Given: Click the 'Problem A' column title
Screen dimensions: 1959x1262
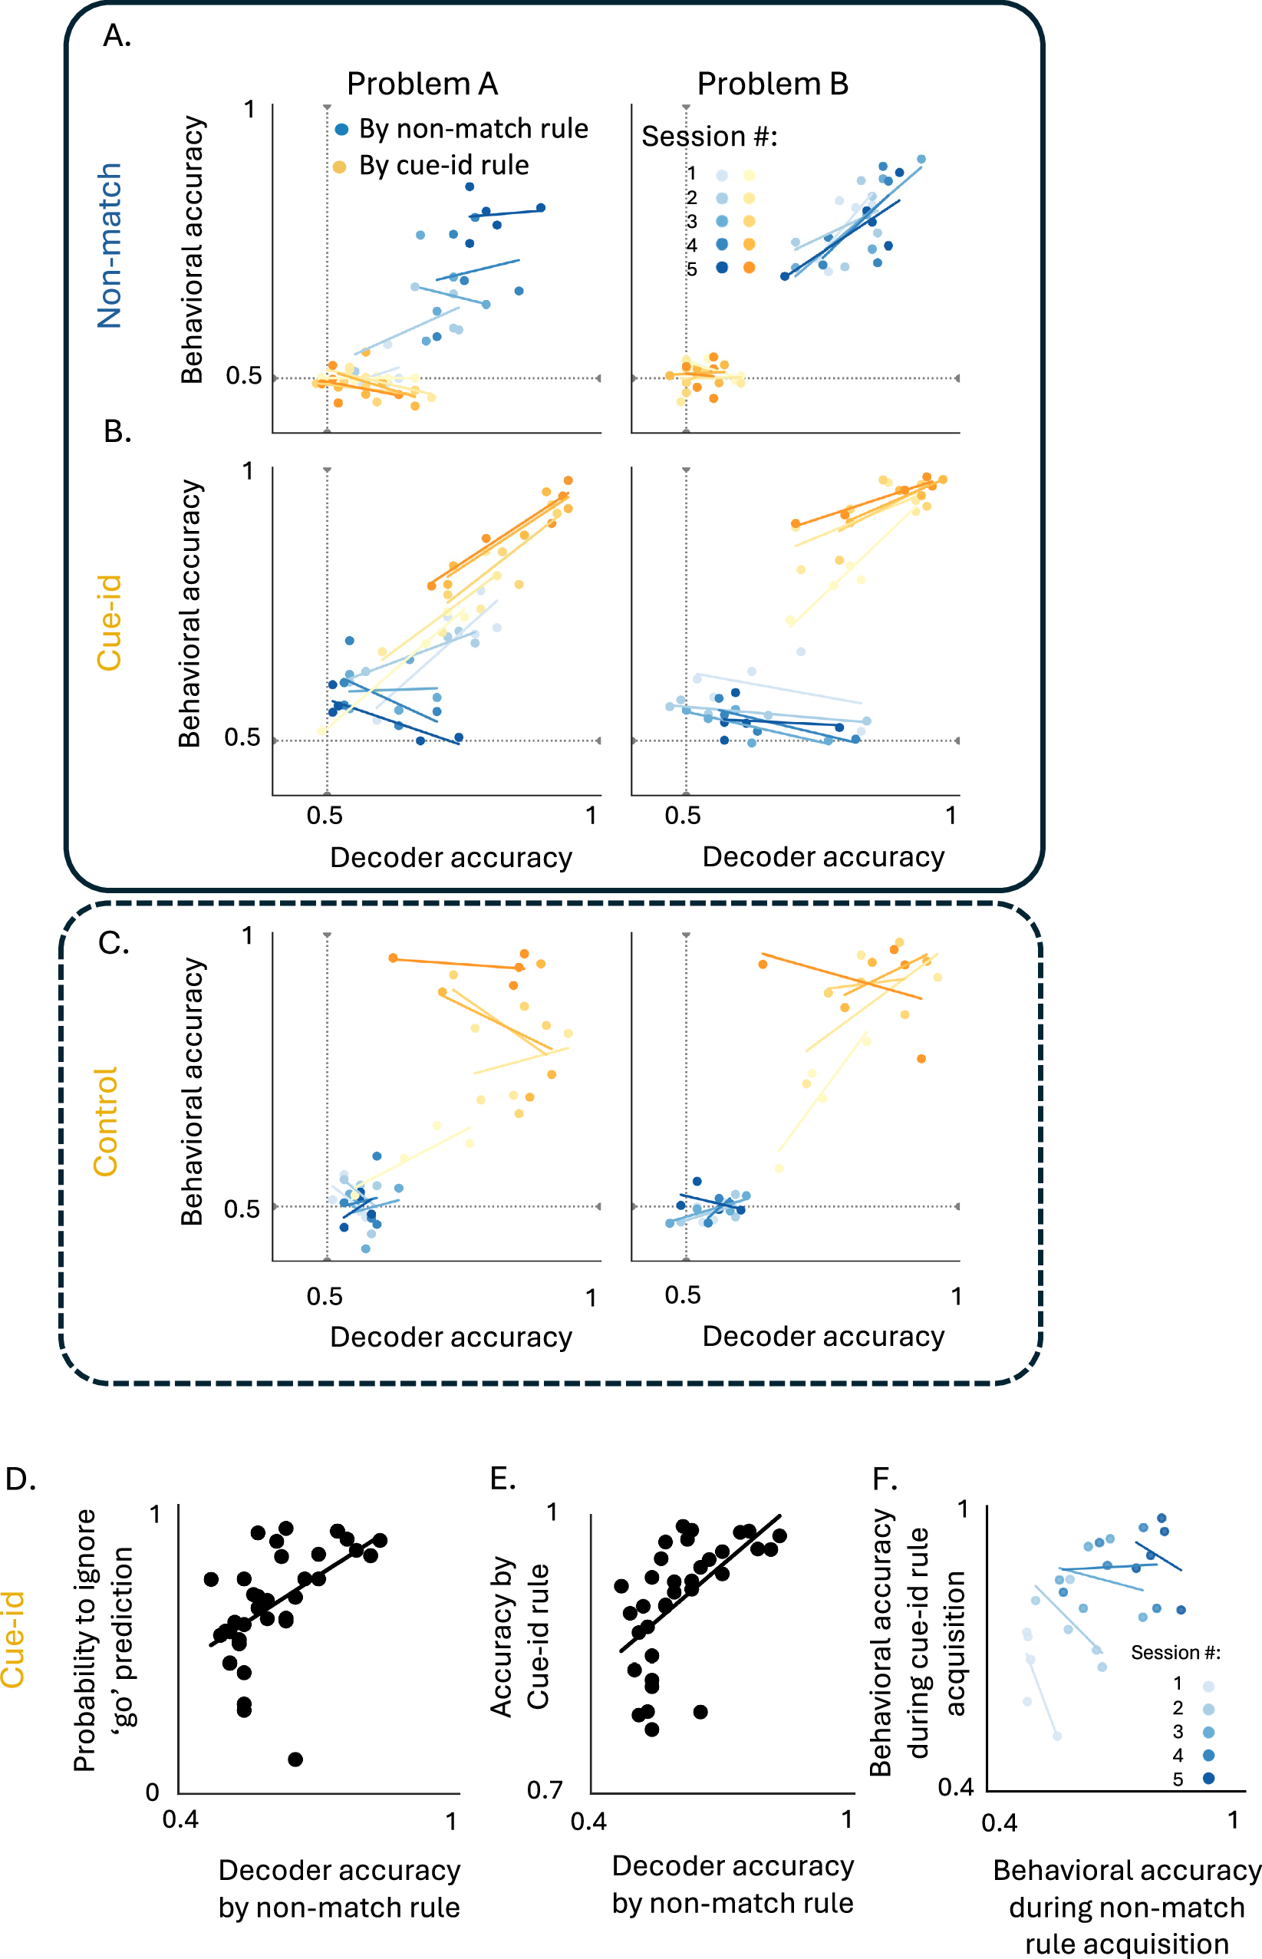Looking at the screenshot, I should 422,84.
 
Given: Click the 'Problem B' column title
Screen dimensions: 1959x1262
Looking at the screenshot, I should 772,84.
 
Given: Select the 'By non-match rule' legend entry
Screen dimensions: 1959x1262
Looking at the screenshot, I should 473,129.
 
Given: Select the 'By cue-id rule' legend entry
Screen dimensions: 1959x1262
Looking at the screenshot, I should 443,166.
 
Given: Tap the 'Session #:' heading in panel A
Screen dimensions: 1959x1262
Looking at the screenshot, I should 709,136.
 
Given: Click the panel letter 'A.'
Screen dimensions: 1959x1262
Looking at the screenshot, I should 117,36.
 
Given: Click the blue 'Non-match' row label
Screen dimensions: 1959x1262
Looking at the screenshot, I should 110,246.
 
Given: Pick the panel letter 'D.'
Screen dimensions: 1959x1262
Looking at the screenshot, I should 21,1479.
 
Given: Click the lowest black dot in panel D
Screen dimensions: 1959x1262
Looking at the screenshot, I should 296,1759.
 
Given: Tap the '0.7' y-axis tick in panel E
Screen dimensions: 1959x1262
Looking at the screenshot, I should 545,1789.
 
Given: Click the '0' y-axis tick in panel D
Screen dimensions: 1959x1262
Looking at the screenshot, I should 153,1792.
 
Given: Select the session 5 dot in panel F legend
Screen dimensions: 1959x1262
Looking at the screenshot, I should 1208,1778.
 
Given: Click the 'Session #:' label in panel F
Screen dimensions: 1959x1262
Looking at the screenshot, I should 1175,1652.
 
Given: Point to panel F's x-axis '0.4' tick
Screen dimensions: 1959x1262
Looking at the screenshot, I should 1000,1823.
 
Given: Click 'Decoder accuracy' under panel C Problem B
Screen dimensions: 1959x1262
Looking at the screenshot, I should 822,1336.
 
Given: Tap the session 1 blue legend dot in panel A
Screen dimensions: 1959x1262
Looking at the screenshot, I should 722,176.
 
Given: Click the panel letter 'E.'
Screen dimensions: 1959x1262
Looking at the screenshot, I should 502,1479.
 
